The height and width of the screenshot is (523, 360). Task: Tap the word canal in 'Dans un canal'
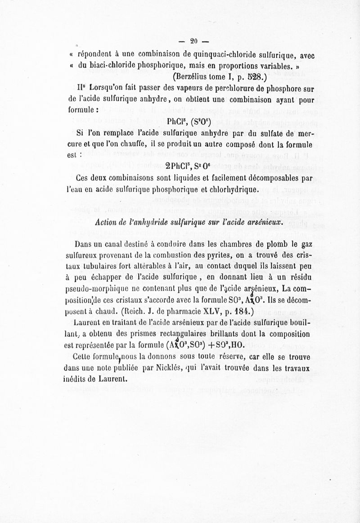105,244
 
